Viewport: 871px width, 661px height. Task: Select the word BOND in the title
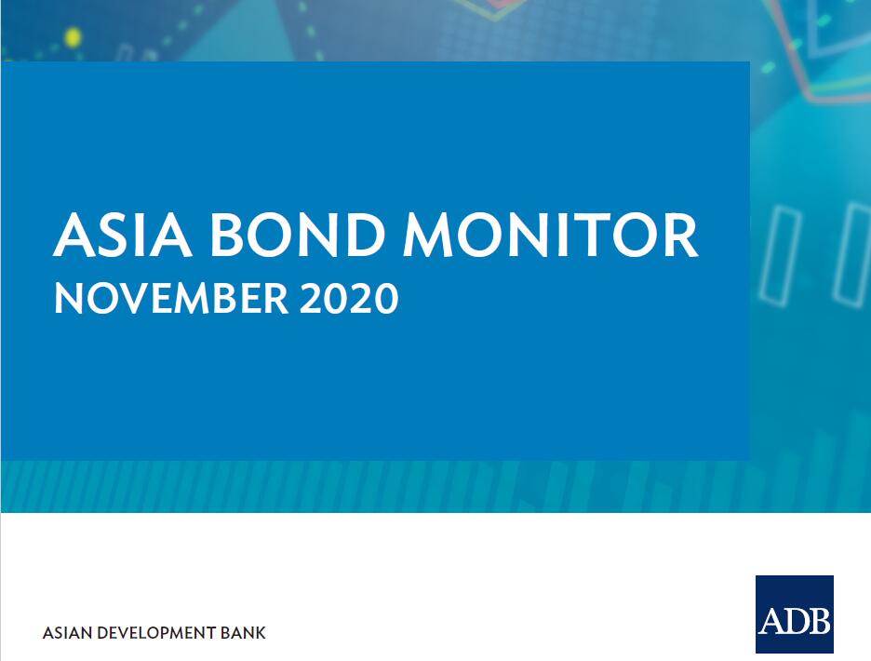297,235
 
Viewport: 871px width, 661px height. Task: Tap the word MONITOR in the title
551,235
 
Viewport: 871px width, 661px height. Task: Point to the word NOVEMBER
171,299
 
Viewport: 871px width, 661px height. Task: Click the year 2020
349,299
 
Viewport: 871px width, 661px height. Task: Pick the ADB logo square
795,614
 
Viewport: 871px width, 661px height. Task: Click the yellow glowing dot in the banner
73,37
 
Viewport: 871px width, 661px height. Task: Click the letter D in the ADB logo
795,620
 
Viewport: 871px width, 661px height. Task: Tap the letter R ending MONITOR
681,235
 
